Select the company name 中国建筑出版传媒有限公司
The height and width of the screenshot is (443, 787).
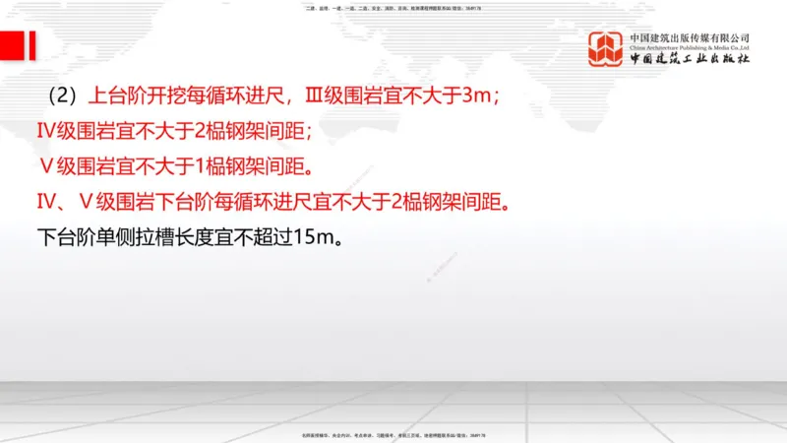(x=690, y=37)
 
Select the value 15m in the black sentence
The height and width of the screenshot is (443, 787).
(x=314, y=237)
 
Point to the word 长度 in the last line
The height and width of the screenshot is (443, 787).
(x=203, y=237)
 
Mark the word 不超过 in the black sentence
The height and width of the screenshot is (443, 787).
(x=263, y=237)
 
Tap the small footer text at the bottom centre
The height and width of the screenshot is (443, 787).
(x=393, y=435)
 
